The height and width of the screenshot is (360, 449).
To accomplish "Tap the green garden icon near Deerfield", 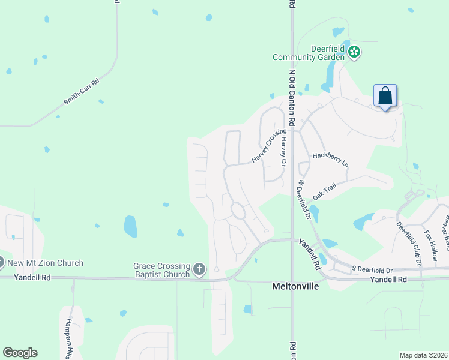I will coord(355,52).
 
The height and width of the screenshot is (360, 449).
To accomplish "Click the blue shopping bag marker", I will coord(385,96).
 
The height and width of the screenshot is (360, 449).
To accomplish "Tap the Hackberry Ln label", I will coord(330,159).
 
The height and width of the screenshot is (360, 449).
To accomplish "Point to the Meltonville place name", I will coord(293,286).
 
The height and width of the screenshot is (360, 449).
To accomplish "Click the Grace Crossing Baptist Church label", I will coord(161,271).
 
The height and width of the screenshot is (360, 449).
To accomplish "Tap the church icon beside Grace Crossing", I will coord(199,271).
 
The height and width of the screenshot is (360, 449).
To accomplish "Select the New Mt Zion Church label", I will coord(45,263).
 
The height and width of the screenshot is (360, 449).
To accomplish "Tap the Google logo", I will coord(20,353).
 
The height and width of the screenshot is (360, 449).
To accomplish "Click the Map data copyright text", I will coord(423,355).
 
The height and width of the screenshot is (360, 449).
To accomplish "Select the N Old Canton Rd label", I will coord(292,96).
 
